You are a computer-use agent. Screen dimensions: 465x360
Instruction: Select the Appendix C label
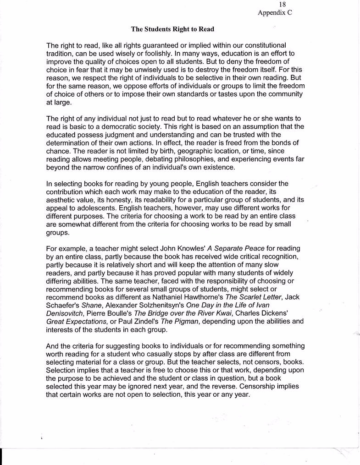[x=275, y=13]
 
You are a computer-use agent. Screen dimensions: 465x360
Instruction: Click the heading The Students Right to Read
[x=173, y=29]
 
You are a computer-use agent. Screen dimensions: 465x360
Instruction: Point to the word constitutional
[x=261, y=46]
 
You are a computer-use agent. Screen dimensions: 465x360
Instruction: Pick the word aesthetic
[x=62, y=200]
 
